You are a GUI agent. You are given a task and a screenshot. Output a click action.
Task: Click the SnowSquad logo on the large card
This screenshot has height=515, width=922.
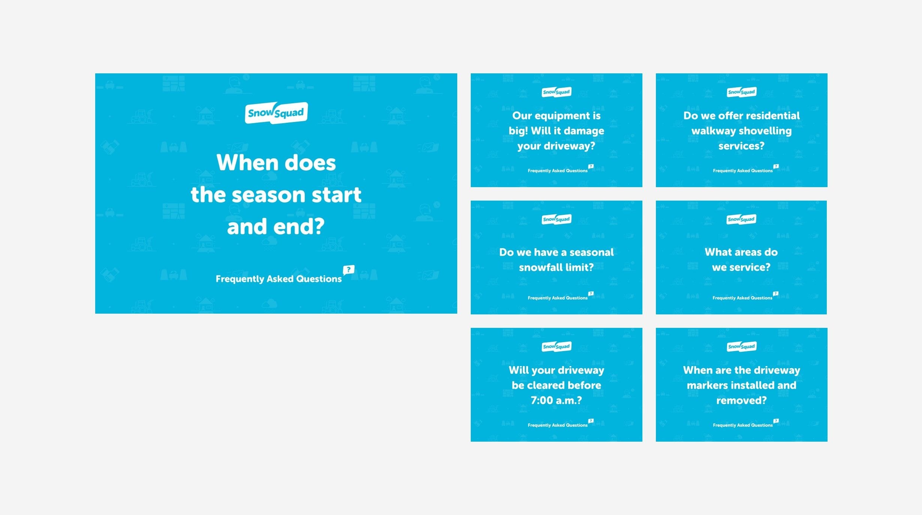click(276, 113)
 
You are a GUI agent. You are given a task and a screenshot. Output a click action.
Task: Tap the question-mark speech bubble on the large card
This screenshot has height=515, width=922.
click(349, 269)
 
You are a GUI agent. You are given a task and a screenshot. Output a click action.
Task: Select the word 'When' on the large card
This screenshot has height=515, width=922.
click(242, 163)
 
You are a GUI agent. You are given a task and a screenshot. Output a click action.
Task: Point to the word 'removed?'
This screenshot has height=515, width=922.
click(741, 400)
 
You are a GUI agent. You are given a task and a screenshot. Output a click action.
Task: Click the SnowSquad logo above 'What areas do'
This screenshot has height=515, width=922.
click(741, 219)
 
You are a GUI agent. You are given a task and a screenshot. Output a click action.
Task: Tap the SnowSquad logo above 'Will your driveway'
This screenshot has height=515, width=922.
click(557, 347)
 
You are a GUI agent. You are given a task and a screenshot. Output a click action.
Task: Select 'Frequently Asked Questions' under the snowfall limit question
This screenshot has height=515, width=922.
click(558, 298)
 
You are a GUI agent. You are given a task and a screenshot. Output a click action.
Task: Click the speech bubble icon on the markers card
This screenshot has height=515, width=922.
click(776, 421)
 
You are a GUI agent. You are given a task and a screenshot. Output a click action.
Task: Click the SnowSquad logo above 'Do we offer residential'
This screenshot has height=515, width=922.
click(742, 92)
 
